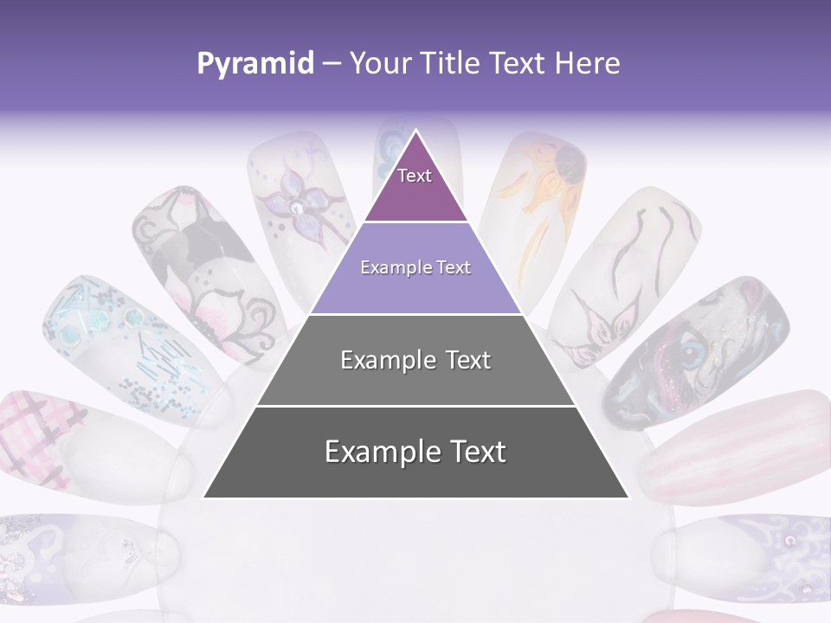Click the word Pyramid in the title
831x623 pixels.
point(254,63)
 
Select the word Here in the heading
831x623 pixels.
point(588,63)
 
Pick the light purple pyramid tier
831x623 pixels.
point(415,268)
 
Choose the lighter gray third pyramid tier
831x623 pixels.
point(415,360)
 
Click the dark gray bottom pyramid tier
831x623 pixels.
point(415,452)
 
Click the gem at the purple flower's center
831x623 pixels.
point(297,208)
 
